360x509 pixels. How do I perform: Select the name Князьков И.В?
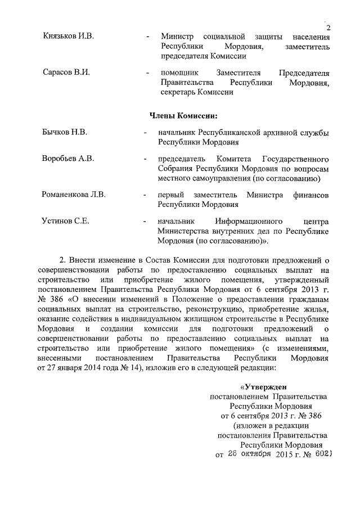click(x=69, y=37)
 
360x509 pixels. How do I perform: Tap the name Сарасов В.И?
click(x=66, y=73)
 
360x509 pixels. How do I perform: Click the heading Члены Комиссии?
click(x=183, y=115)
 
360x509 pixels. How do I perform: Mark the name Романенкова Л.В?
click(x=74, y=195)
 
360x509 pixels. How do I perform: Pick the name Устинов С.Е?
click(x=66, y=221)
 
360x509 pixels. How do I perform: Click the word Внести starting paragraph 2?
click(x=83, y=259)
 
